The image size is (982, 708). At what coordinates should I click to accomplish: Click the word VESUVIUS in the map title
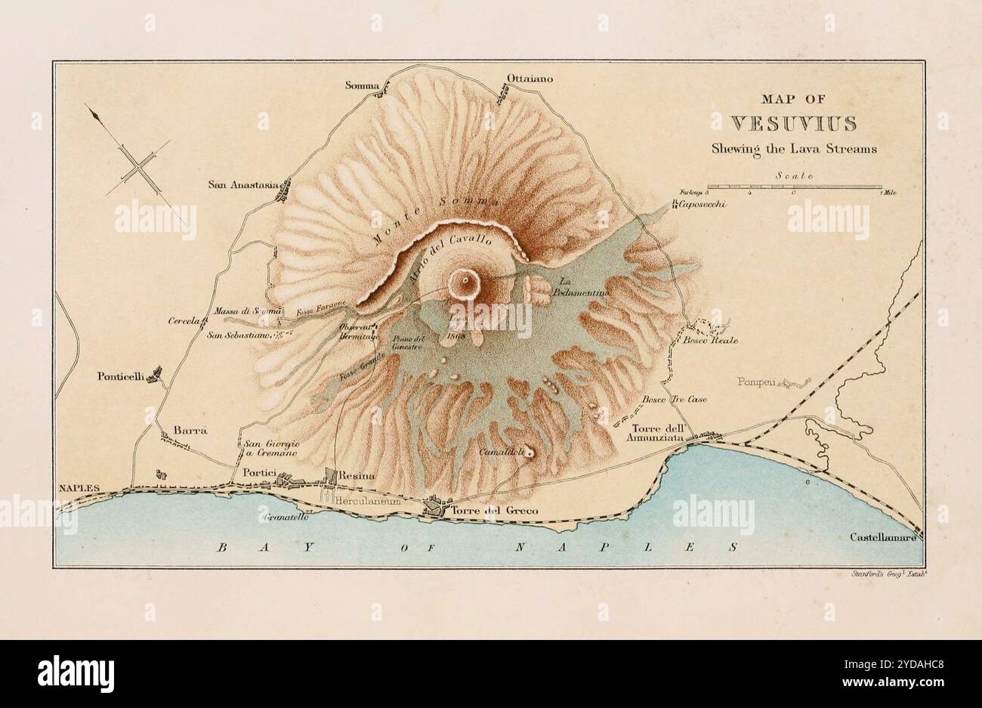(793, 123)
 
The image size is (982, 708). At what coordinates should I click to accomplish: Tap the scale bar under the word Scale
(794, 186)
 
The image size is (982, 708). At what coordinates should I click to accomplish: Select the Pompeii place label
(756, 382)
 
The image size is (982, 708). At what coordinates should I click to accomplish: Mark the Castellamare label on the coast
(882, 537)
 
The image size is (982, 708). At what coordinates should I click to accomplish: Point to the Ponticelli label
(120, 376)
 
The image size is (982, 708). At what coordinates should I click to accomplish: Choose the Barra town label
(190, 430)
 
